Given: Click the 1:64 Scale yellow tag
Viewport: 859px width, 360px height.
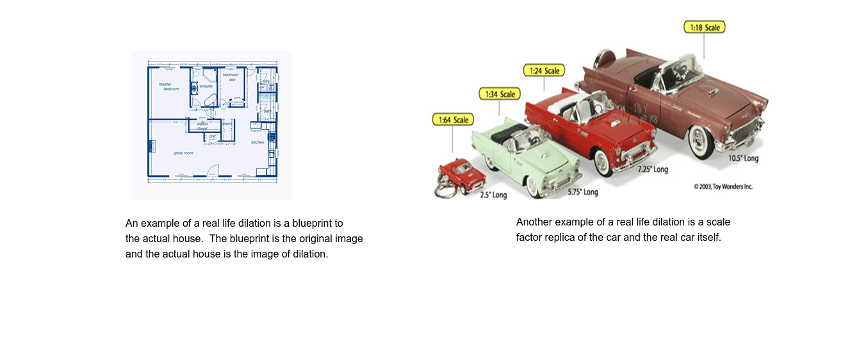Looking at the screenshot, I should click(x=453, y=120).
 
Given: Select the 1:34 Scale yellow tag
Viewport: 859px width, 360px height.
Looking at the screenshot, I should click(x=500, y=94).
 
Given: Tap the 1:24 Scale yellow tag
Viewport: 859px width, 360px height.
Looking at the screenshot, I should click(x=544, y=70).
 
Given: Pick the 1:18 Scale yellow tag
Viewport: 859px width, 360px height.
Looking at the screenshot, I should click(x=704, y=28).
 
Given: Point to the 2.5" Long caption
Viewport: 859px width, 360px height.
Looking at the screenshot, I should click(x=493, y=195).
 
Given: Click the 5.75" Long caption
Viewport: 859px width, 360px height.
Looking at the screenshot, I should click(x=582, y=192).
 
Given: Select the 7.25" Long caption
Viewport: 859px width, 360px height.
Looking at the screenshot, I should click(x=652, y=170).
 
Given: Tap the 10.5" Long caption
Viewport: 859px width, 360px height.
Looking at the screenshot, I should click(x=743, y=158).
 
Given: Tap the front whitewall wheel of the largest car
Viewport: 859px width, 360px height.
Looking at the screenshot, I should click(x=701, y=142).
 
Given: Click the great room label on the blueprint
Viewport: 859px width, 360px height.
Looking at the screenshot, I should click(x=183, y=153).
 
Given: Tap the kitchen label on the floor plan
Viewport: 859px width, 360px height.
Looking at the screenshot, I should click(x=258, y=142).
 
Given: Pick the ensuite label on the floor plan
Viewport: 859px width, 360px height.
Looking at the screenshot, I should click(x=206, y=86).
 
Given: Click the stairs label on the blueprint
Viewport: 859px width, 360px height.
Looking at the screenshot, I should click(x=227, y=124).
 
